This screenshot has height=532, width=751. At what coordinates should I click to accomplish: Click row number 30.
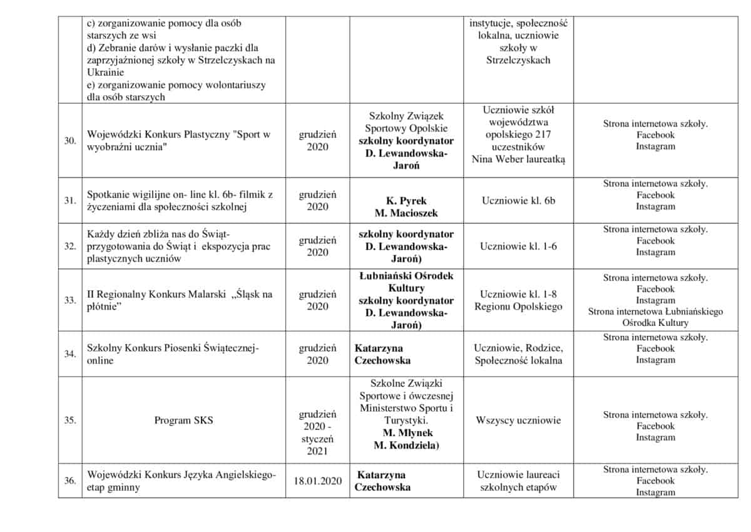click(x=70, y=140)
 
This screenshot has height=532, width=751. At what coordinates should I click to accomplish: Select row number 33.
click(x=70, y=300)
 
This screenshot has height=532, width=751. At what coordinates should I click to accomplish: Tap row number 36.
click(x=70, y=481)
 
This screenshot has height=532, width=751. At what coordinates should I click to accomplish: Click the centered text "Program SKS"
click(x=183, y=420)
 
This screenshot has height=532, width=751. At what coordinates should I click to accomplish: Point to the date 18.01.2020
click(x=317, y=481)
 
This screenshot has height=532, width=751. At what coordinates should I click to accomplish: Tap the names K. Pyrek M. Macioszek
click(x=406, y=207)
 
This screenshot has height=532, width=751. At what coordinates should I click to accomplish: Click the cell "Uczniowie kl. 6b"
click(x=518, y=201)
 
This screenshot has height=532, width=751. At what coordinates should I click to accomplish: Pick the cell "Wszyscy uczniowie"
click(x=518, y=420)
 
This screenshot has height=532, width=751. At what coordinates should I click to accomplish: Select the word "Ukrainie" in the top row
click(x=105, y=73)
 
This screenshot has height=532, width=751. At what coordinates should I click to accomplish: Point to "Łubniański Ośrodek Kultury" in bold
click(x=406, y=282)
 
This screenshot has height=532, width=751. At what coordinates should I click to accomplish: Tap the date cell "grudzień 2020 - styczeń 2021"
click(x=317, y=432)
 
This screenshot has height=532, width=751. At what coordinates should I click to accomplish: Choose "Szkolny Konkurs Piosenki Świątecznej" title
click(x=172, y=348)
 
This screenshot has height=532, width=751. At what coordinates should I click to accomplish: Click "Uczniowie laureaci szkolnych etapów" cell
click(x=518, y=481)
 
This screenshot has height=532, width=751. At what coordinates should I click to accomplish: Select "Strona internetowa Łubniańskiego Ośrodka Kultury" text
click(x=655, y=317)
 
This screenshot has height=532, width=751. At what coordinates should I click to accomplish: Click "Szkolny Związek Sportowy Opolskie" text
click(x=406, y=123)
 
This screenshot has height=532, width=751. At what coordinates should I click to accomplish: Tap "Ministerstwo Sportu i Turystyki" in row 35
click(x=406, y=414)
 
